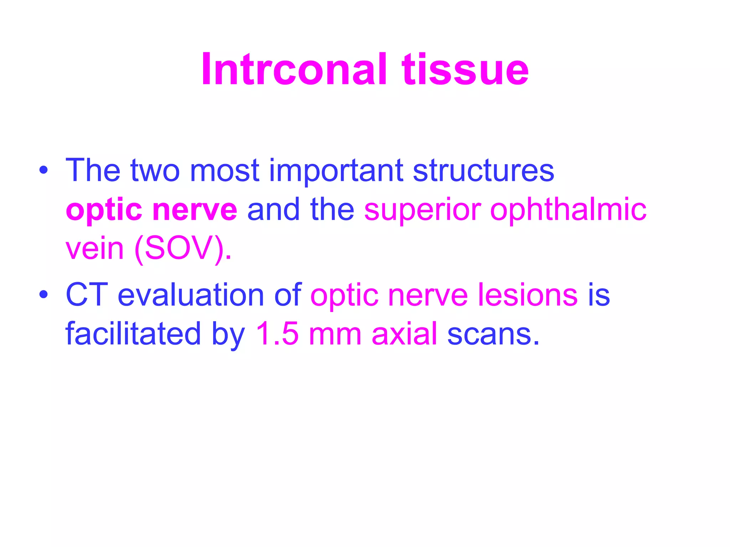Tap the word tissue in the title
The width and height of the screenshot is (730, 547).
465,69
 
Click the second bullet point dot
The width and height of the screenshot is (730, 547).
43,295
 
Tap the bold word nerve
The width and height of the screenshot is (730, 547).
195,210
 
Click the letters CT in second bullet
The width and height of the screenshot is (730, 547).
87,295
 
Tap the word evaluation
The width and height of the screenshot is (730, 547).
191,295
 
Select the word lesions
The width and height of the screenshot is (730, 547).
528,295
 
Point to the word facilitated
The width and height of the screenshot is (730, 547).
133,334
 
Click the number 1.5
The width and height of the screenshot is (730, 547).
277,334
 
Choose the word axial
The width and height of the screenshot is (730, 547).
404,334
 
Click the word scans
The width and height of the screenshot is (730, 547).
493,334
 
